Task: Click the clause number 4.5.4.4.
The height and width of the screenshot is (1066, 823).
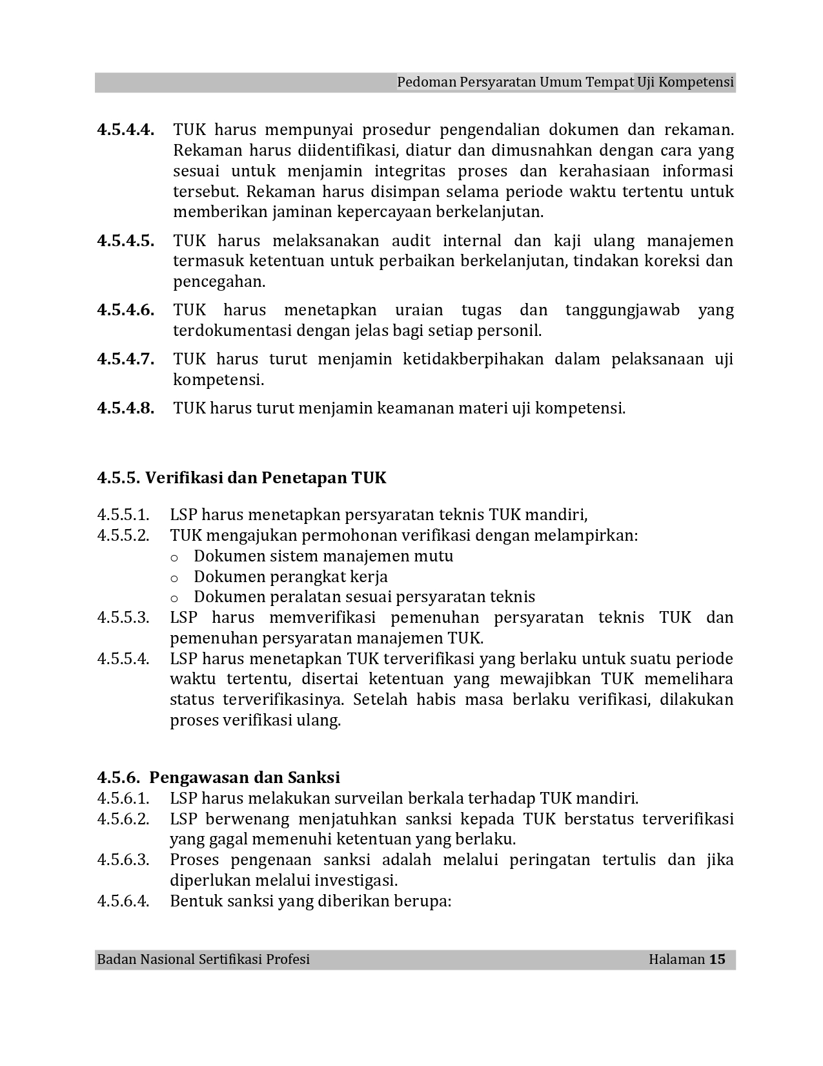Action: click(125, 130)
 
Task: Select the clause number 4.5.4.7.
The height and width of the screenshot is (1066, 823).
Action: click(125, 359)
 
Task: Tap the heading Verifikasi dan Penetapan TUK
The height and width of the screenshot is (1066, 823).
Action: click(265, 478)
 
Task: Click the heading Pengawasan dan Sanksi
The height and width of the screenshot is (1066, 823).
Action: click(245, 777)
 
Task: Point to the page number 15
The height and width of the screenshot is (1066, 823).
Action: click(717, 959)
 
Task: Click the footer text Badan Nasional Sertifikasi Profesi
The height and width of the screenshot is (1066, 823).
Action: click(203, 959)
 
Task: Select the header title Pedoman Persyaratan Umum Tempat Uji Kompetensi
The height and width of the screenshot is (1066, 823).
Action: click(565, 83)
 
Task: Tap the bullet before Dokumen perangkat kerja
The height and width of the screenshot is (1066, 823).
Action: click(174, 578)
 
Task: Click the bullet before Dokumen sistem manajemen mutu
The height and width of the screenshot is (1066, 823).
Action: click(174, 557)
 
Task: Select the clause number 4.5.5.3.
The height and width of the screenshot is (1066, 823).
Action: click(123, 618)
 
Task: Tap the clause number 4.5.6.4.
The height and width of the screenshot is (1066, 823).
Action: click(123, 901)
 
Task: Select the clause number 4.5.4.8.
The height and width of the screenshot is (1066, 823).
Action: click(125, 408)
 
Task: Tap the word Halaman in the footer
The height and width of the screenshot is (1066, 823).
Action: click(676, 959)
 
